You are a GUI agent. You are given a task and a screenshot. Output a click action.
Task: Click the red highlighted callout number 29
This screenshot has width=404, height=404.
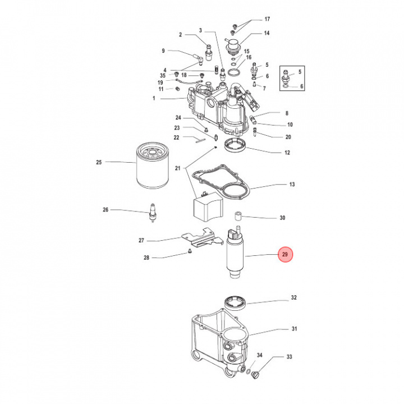pos(285,255)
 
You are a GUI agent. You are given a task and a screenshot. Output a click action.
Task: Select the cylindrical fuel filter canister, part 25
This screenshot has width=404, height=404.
pos(152,166)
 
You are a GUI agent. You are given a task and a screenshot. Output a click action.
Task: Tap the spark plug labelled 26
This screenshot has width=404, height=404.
pos(153,213)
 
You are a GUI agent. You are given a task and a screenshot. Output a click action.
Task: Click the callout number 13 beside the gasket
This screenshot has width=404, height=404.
pos(292,184)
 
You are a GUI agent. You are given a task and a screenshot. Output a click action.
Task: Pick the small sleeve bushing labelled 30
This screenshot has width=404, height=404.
pos(237,216)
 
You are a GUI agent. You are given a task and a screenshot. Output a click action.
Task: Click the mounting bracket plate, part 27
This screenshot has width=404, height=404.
pos(202,238)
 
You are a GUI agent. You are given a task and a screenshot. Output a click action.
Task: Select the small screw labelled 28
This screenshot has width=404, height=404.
pos(190,251)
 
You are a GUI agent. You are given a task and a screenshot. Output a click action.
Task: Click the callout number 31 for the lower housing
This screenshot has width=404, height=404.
pos(294,329)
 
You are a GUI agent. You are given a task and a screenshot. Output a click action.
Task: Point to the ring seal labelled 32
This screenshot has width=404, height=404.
pos(235,302)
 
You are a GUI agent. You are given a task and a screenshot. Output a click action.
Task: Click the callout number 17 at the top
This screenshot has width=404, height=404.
pos(267,19)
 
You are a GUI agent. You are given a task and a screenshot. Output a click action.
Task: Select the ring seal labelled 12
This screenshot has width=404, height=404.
pos(235,145)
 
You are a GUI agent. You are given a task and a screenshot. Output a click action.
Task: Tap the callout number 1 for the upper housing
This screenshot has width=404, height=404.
pos(154,98)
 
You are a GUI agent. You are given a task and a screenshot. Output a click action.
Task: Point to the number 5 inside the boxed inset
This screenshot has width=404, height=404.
pos(300,72)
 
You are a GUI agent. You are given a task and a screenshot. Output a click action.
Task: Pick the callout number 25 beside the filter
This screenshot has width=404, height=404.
pos(99,162)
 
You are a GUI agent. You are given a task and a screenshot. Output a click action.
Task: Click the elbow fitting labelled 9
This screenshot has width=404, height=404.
pos(198,58)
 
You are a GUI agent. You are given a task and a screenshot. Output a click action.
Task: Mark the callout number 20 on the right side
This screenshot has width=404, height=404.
pos(288,137)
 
